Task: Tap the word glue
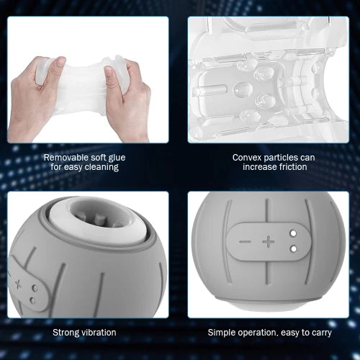point(117,158)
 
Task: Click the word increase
point(258,167)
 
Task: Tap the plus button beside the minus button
point(269,241)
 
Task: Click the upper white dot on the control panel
point(293,233)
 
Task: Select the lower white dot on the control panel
point(293,249)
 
